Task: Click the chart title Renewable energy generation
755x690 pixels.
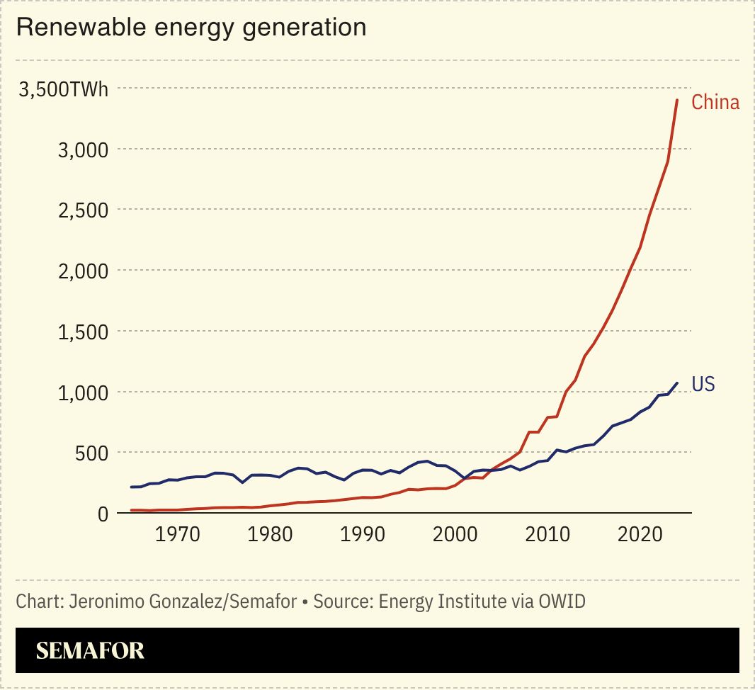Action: coord(191,28)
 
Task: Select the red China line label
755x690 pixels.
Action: coord(715,103)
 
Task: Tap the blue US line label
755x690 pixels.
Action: coord(703,385)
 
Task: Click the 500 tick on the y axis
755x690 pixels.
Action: coord(92,453)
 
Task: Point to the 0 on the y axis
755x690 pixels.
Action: coord(103,514)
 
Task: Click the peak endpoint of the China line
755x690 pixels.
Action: coord(677,100)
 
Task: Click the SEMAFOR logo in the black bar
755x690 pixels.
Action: coord(91,650)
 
